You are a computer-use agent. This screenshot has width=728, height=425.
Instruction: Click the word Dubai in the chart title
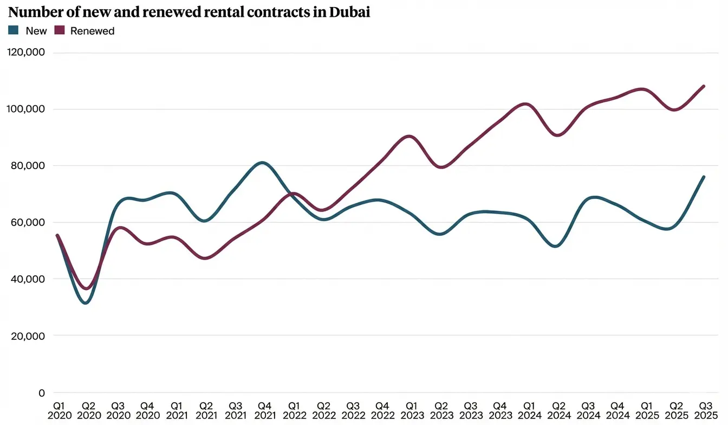[349, 12]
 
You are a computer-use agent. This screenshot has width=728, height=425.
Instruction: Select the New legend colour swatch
[14, 31]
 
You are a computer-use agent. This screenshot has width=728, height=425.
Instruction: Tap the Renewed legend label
[93, 31]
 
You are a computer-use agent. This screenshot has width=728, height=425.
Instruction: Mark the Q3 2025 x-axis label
[704, 410]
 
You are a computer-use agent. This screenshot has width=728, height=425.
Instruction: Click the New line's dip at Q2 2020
[86, 302]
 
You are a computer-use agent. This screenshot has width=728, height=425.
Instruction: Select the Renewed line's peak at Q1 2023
[409, 136]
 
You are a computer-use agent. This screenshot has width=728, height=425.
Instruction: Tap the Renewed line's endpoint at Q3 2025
[704, 86]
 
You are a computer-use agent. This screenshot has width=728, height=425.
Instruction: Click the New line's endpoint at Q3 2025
[704, 177]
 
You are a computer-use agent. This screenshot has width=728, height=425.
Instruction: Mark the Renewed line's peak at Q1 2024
[527, 104]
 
